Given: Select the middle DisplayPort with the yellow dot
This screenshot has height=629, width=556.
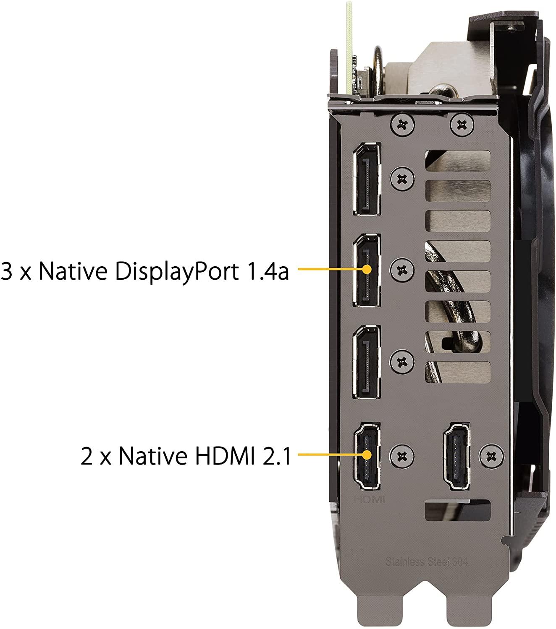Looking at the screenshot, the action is click(367, 270).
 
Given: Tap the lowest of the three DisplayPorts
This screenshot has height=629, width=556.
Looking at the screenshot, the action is click(367, 362).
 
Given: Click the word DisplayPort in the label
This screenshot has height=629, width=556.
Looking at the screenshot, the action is click(177, 271).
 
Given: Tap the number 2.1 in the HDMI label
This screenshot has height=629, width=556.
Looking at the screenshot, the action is click(277, 456).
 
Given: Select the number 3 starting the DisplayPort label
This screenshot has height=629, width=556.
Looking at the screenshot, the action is click(7, 271).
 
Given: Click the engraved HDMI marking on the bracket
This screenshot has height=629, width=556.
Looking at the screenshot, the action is click(370, 499).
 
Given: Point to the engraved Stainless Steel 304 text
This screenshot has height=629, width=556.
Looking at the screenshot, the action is click(426, 561).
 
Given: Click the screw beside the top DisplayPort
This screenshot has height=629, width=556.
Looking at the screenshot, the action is click(402, 179).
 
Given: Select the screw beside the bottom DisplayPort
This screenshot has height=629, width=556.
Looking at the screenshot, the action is click(402, 361).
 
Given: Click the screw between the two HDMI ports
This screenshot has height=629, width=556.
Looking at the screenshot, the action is click(402, 456).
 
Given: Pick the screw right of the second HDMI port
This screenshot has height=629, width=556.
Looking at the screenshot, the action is click(491, 456).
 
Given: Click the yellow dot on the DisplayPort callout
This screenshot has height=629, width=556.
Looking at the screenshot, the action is click(367, 269).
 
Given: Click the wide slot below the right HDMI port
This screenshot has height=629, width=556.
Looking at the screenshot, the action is click(458, 511).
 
